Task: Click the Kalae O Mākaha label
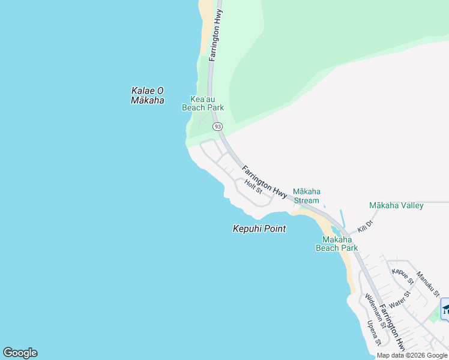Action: click(x=147, y=95)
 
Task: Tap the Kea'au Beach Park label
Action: click(x=203, y=103)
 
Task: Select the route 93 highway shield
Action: click(x=217, y=127)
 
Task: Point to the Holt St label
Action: click(x=254, y=186)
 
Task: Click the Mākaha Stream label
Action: click(x=306, y=196)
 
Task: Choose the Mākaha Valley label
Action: click(x=396, y=205)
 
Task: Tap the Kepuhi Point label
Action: click(x=259, y=229)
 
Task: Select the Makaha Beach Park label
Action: click(x=337, y=243)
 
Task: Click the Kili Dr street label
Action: click(x=365, y=226)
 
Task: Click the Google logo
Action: click(x=20, y=353)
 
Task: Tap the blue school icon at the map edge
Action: click(x=445, y=309)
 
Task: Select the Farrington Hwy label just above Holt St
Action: click(x=265, y=181)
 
